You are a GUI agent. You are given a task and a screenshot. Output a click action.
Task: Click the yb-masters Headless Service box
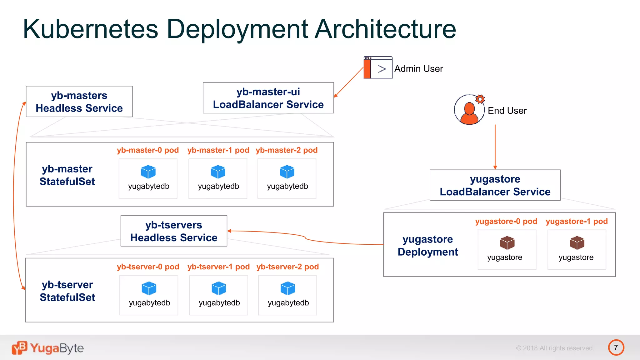point(79,102)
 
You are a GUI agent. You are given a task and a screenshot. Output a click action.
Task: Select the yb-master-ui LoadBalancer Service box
point(268,98)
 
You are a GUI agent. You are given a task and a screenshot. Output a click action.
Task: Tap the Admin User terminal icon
point(378,67)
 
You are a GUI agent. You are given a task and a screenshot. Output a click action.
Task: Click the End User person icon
point(469,110)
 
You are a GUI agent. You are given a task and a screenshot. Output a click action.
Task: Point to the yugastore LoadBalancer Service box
point(495,185)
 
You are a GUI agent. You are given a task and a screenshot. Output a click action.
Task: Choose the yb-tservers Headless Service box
point(174,231)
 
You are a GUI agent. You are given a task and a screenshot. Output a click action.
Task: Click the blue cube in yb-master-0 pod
point(148,172)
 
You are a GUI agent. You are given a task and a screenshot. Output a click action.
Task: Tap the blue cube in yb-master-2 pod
point(287,172)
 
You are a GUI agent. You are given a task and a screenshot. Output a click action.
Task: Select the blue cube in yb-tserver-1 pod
point(219,288)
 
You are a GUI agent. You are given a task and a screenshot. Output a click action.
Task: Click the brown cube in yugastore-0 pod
point(507,243)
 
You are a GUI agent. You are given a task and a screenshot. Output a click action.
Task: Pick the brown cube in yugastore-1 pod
point(577,243)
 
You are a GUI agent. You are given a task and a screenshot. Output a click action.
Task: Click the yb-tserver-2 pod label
point(287,267)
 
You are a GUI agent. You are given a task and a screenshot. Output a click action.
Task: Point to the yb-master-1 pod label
point(218,150)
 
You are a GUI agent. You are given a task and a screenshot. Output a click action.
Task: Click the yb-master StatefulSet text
point(67,175)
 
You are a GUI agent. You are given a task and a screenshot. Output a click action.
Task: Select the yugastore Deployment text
point(428,245)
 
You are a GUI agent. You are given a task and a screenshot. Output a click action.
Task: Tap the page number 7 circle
point(616,347)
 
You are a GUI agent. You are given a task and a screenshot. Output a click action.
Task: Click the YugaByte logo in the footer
point(48,348)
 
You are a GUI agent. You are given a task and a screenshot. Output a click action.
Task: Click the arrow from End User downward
point(495,147)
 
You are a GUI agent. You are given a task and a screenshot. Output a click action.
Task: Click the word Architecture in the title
point(385,29)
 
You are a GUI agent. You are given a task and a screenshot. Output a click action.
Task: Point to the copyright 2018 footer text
point(555,348)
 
